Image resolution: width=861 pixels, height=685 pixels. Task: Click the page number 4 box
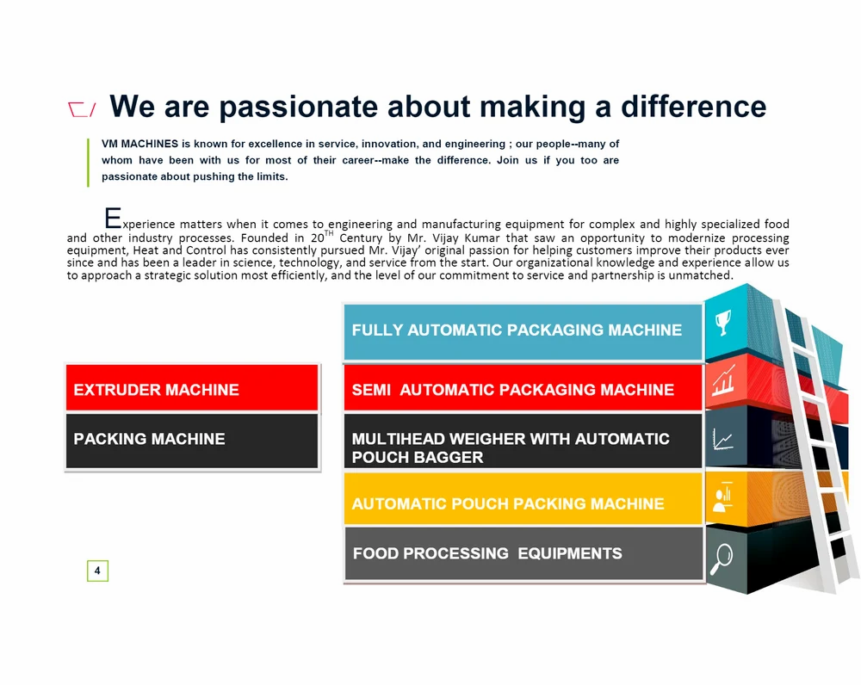click(97, 571)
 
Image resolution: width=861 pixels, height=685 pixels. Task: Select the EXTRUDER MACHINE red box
click(192, 387)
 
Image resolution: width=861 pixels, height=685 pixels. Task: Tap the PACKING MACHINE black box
click(192, 441)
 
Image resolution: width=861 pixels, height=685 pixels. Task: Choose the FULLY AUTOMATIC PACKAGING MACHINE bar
click(523, 331)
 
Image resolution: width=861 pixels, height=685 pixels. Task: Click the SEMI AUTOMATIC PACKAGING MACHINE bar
click(523, 387)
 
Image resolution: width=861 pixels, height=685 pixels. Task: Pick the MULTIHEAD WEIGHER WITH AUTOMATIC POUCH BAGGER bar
click(523, 441)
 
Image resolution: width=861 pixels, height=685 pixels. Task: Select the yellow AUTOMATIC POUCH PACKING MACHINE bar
click(523, 498)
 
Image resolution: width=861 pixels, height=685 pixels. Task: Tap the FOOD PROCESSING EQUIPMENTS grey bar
click(523, 553)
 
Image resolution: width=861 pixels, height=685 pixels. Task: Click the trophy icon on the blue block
click(723, 322)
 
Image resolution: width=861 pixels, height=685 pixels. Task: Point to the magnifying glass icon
click(722, 558)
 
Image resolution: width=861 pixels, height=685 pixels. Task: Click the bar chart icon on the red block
click(723, 380)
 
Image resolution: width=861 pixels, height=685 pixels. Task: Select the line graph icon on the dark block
click(722, 439)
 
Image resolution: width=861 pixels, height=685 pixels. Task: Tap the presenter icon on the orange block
click(722, 497)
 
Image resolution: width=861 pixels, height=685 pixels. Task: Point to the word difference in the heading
click(693, 106)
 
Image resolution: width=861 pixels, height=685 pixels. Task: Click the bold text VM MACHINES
click(139, 144)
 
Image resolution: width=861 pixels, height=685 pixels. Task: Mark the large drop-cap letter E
click(113, 218)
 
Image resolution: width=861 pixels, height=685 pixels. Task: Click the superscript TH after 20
click(329, 233)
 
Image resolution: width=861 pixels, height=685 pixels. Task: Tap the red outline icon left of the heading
click(81, 109)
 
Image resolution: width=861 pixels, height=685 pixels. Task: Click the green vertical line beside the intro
click(88, 163)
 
